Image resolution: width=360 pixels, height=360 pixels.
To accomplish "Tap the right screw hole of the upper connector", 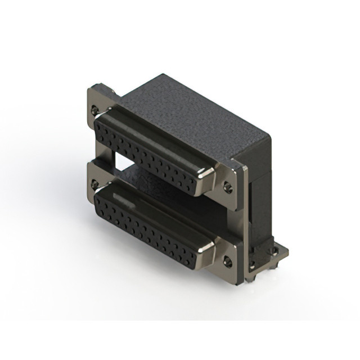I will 228,187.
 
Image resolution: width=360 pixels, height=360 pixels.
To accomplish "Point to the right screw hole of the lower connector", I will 228,260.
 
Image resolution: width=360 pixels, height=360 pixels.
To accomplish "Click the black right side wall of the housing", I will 260,180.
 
